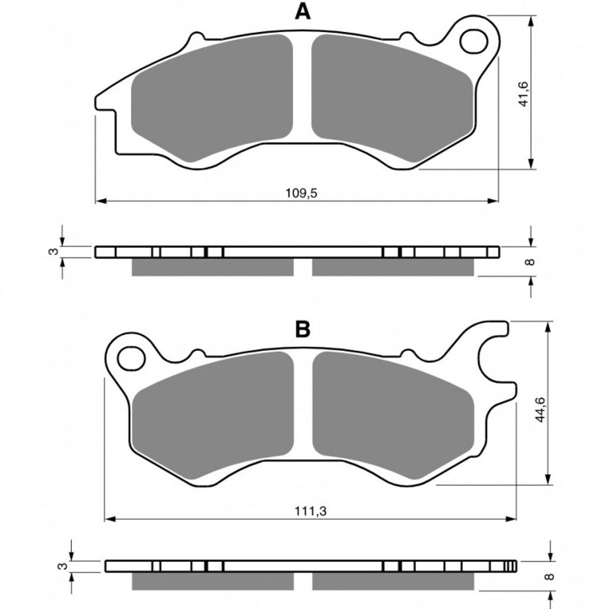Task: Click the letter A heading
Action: click(303, 12)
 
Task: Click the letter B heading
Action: click(303, 329)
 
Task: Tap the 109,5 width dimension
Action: click(302, 193)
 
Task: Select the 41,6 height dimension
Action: click(524, 93)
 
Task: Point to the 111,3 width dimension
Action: click(310, 511)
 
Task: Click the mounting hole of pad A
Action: click(474, 41)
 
